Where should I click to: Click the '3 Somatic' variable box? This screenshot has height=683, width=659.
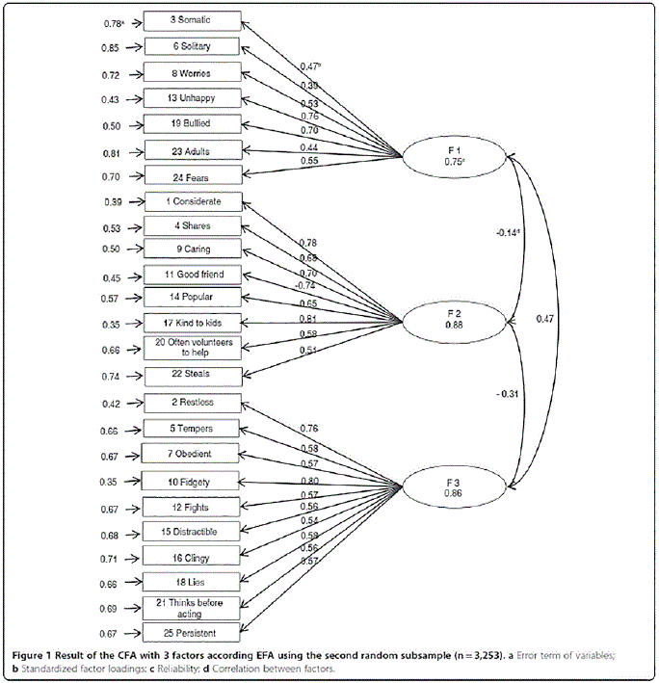point(190,20)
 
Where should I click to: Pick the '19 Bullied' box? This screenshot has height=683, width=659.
point(190,123)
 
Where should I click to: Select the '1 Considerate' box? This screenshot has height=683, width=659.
point(190,201)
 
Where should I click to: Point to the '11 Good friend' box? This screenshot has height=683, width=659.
point(190,275)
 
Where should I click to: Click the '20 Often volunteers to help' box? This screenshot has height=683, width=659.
point(190,347)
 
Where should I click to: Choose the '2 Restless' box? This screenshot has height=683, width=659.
point(190,404)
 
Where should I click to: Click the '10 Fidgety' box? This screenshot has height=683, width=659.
point(190,480)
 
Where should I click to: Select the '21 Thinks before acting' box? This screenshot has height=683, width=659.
point(190,607)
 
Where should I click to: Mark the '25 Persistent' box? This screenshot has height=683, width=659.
point(190,632)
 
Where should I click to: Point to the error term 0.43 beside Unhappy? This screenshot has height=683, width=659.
point(112,98)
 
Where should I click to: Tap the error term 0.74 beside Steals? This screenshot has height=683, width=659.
point(112,377)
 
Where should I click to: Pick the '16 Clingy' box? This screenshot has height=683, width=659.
point(190,556)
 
